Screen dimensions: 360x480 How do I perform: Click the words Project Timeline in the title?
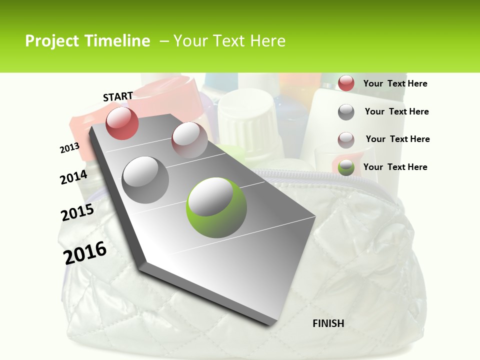coord(87,41)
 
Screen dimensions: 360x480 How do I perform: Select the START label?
coord(118,96)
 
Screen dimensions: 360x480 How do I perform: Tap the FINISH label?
coord(328,323)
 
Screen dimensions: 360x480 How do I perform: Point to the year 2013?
coord(69,148)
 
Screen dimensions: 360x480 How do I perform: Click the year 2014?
coord(73,177)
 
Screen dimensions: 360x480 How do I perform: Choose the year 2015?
coord(77,212)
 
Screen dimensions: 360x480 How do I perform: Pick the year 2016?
coord(85,252)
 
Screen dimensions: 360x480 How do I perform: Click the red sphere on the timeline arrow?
coord(122,123)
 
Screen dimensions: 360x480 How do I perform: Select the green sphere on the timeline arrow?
coord(216,207)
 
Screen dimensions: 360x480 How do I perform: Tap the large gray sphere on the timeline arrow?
coord(145,179)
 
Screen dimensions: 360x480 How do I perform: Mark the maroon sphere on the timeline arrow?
coord(189,140)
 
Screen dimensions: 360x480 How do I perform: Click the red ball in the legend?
coord(346,83)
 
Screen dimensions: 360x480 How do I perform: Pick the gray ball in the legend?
coord(346,112)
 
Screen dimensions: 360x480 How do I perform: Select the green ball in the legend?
coord(346,167)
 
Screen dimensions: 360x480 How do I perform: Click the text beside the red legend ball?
coord(395,83)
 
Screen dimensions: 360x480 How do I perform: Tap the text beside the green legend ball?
coord(395,167)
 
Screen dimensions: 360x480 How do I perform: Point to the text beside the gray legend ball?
coord(396,111)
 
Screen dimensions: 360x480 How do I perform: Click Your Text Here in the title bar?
coord(229,41)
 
